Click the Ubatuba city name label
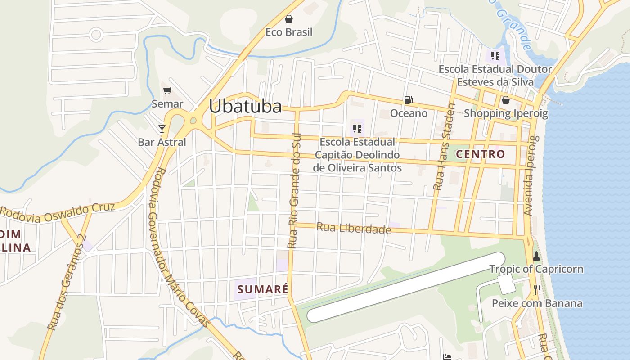pyautogui.click(x=245, y=107)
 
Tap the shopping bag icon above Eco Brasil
pyautogui.click(x=289, y=19)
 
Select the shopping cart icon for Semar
pyautogui.click(x=167, y=91)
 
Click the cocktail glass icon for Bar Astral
pyautogui.click(x=162, y=129)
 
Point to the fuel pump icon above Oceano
pyautogui.click(x=408, y=100)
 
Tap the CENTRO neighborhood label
pyautogui.click(x=481, y=154)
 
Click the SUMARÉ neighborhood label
pyautogui.click(x=262, y=289)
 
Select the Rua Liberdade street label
pyautogui.click(x=354, y=229)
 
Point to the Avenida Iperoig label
pyautogui.click(x=531, y=175)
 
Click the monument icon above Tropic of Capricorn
pyautogui.click(x=536, y=256)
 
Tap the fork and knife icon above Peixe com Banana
pyautogui.click(x=537, y=290)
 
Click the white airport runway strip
pyautogui.click(x=405, y=288)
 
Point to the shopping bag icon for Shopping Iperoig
pyautogui.click(x=505, y=100)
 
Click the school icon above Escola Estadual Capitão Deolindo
pyautogui.click(x=357, y=129)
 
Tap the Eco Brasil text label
pyautogui.click(x=289, y=32)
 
